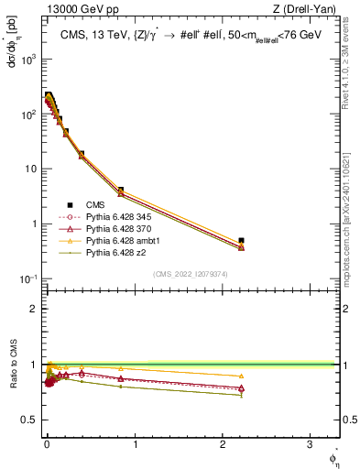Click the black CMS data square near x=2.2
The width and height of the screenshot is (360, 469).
coord(241,241)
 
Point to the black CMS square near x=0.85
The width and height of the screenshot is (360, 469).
coord(120,191)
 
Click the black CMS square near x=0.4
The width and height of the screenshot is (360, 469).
coord(82,154)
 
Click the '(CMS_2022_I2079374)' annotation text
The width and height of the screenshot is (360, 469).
coord(191,273)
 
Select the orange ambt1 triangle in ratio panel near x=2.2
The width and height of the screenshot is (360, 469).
coord(241,376)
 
